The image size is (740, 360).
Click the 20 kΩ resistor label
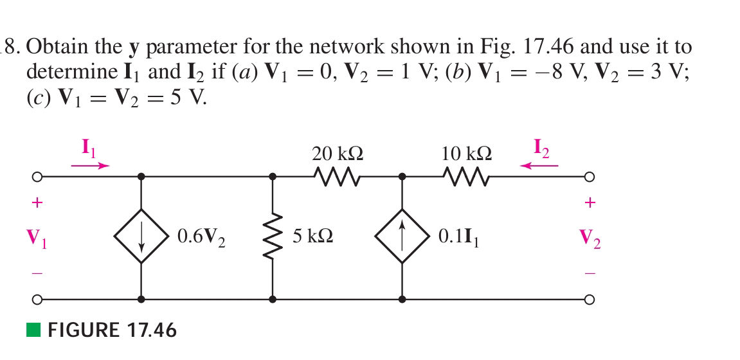[x=338, y=154]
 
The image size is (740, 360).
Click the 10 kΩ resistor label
[x=467, y=154]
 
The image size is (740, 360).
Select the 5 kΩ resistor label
[x=312, y=237]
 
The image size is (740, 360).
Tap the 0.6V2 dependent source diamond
[x=141, y=237]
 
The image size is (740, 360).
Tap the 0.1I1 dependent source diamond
[x=402, y=237]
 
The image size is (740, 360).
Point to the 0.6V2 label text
[x=201, y=237]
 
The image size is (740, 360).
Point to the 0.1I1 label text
[x=458, y=237]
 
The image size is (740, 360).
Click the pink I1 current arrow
[x=90, y=165]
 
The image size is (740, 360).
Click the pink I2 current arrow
[x=539, y=165]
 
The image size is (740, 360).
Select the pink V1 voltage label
[x=37, y=239]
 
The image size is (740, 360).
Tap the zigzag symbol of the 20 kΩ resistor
[x=338, y=175]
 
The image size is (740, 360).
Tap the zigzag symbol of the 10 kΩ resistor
[x=467, y=175]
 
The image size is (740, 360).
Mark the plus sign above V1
[x=37, y=203]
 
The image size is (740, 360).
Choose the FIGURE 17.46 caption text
[x=112, y=330]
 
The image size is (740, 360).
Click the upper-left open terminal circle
[x=37, y=176]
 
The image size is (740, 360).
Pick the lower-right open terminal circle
[x=590, y=299]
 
